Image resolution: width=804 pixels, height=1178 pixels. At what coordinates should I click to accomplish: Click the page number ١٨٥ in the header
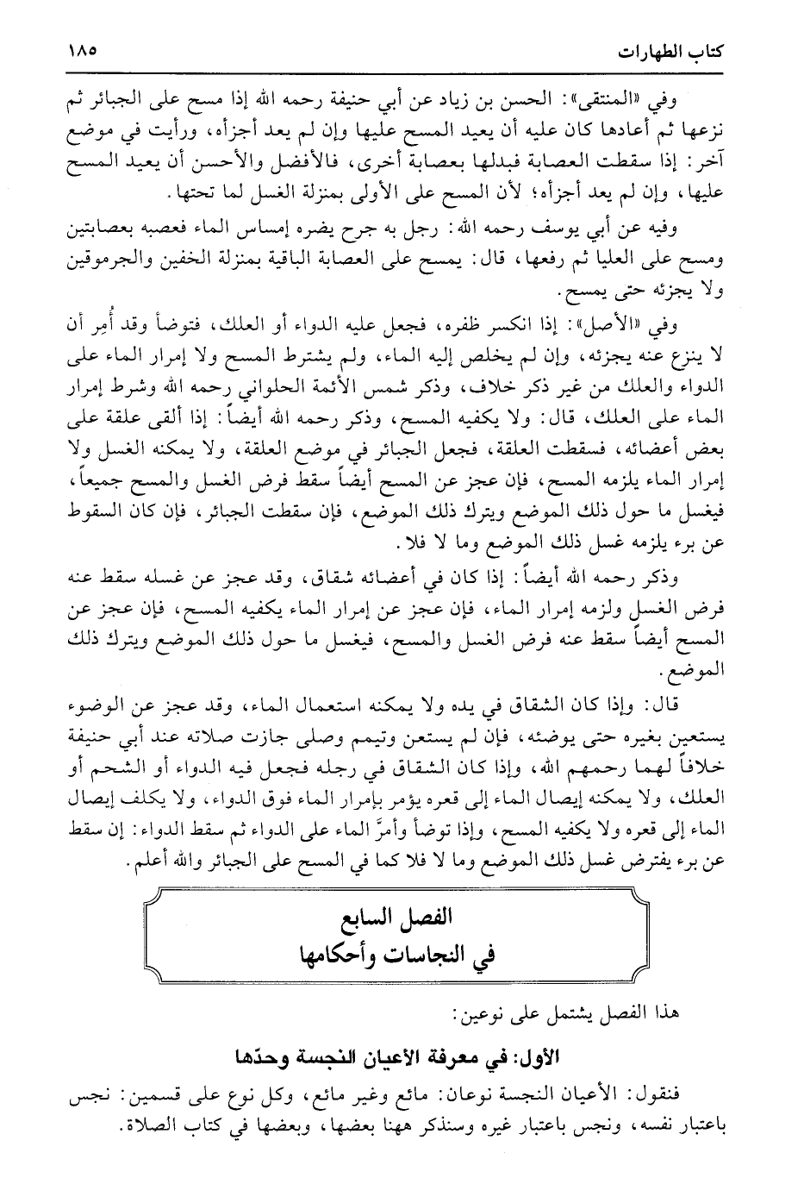coord(82,50)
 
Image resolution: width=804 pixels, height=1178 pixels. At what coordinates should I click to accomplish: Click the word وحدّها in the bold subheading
coord(269,1056)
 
